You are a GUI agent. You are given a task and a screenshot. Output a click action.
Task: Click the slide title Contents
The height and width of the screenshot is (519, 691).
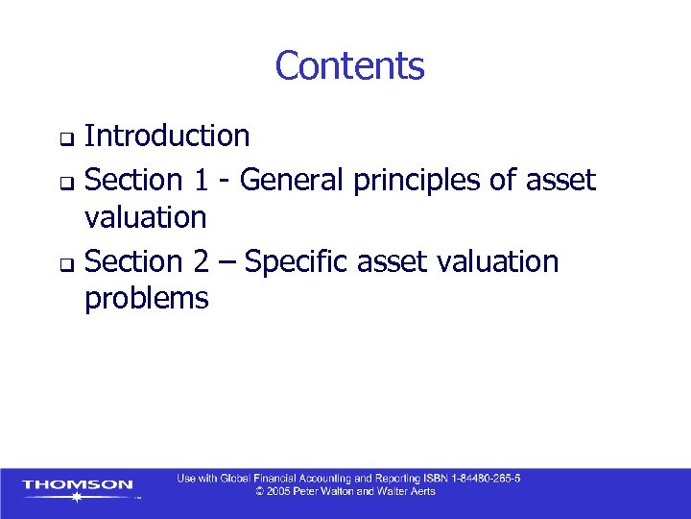(x=349, y=66)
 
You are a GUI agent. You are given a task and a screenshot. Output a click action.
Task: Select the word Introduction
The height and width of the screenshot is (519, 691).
(x=167, y=136)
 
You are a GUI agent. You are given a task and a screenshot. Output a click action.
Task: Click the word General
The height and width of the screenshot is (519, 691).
(x=294, y=179)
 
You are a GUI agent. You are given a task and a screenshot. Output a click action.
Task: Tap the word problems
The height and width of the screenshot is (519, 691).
(x=146, y=299)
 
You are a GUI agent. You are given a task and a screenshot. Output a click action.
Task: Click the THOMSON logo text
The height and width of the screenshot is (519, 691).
(x=78, y=484)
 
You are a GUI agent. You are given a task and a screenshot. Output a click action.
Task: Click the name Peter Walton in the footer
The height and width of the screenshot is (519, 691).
(x=331, y=491)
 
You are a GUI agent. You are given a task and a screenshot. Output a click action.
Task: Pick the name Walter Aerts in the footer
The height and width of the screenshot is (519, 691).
(x=409, y=491)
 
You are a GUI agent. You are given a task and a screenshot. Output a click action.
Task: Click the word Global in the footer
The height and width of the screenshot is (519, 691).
(x=235, y=479)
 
